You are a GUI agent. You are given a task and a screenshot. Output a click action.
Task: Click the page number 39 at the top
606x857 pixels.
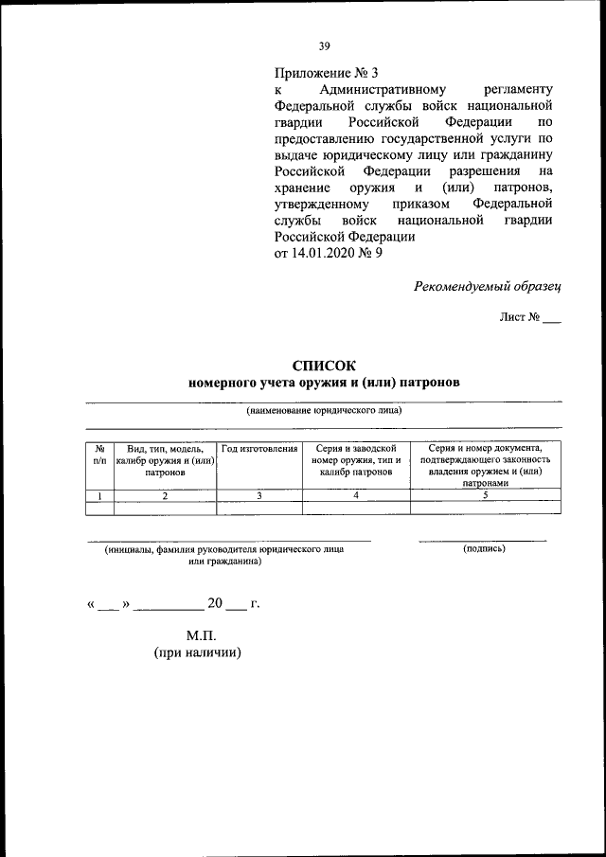[324, 45]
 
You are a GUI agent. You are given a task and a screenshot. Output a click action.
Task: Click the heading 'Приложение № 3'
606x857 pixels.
[326, 73]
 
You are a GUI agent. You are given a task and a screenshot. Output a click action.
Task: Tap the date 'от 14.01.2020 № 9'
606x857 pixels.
[329, 253]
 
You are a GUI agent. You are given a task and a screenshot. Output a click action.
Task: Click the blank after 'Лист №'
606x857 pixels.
[552, 320]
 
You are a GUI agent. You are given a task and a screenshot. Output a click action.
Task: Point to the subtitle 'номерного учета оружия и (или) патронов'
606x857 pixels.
[324, 384]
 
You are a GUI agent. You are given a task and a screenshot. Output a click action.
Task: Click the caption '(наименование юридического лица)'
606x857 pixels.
[324, 411]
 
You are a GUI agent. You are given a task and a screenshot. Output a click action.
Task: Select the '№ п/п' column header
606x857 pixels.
[99, 454]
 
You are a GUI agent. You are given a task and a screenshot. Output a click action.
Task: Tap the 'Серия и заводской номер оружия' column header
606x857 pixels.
[356, 459]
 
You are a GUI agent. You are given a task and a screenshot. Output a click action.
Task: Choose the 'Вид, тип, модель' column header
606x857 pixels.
[165, 459]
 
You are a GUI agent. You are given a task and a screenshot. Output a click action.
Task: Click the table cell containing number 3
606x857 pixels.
[259, 494]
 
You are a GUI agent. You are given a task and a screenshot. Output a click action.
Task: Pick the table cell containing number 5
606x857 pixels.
[485, 494]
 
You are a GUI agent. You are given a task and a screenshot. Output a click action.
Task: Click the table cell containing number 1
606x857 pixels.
[99, 494]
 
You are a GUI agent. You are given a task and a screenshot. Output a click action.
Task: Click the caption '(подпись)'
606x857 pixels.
[484, 549]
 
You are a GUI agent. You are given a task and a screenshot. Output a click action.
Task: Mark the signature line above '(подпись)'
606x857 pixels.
[483, 540]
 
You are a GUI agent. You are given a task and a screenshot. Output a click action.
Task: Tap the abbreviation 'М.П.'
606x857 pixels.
[201, 634]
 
